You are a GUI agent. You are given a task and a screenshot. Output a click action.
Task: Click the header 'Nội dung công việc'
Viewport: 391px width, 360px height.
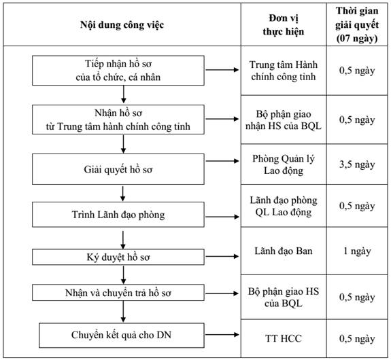(x=122, y=25)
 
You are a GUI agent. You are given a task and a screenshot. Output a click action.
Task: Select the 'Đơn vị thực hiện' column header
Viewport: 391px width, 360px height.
(x=284, y=25)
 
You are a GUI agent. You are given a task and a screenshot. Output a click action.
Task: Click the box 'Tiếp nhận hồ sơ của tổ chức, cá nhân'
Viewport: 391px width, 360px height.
(x=118, y=71)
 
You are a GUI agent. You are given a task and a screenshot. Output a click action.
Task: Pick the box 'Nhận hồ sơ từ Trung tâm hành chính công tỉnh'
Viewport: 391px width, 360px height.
(x=118, y=120)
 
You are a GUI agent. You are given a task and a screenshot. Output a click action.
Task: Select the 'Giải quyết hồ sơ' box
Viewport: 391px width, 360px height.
(x=118, y=169)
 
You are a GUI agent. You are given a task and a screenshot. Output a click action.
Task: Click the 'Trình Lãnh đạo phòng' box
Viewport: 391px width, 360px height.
(x=118, y=215)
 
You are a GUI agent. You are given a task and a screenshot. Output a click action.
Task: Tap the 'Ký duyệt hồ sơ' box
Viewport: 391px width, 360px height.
(x=118, y=257)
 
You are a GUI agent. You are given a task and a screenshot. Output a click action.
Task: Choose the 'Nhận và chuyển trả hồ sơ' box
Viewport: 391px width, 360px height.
(x=118, y=293)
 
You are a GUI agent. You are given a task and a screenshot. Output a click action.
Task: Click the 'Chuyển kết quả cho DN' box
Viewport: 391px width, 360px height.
(x=122, y=336)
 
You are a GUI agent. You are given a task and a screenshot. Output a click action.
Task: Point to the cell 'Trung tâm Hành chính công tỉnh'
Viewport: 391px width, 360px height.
(x=284, y=71)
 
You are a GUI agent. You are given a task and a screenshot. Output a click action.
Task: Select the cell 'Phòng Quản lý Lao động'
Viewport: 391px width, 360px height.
(x=284, y=164)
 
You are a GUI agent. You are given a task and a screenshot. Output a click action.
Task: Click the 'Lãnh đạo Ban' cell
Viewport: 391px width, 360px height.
(x=284, y=251)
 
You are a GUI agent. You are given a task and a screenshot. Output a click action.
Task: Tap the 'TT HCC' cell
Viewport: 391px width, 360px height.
(x=284, y=338)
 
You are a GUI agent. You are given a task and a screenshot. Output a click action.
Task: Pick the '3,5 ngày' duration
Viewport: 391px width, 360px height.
(x=357, y=164)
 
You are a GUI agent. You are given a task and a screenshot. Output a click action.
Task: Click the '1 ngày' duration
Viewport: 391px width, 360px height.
(x=357, y=251)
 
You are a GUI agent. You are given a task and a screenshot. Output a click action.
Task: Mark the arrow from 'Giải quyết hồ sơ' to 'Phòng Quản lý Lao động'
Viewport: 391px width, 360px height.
(x=222, y=161)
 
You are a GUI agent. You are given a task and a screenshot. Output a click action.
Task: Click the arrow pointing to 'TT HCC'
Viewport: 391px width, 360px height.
(x=222, y=335)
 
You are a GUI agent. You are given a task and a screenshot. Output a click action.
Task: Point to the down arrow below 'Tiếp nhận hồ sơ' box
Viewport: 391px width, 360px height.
(x=124, y=94)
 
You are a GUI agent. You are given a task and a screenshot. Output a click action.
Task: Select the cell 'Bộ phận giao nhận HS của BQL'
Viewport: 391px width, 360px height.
(x=284, y=120)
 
